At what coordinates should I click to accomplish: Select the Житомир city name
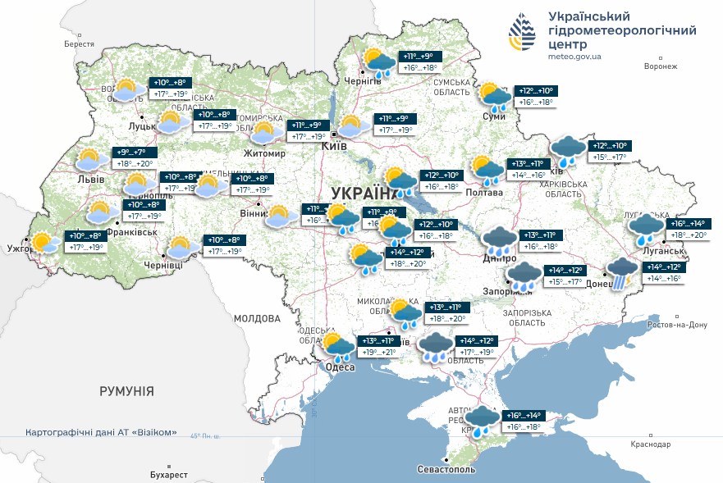pos(263,153)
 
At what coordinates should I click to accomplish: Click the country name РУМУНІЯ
pos(126,391)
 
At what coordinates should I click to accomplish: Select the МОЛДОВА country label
pos(257,318)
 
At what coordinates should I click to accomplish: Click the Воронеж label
pos(661,66)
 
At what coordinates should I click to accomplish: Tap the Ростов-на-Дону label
pos(677,325)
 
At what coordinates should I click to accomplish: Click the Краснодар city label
pos(651,444)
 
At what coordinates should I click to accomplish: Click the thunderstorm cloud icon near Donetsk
pos(621,271)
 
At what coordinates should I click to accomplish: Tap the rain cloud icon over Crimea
pos(482,420)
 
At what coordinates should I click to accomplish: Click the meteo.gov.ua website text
pos(574,57)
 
